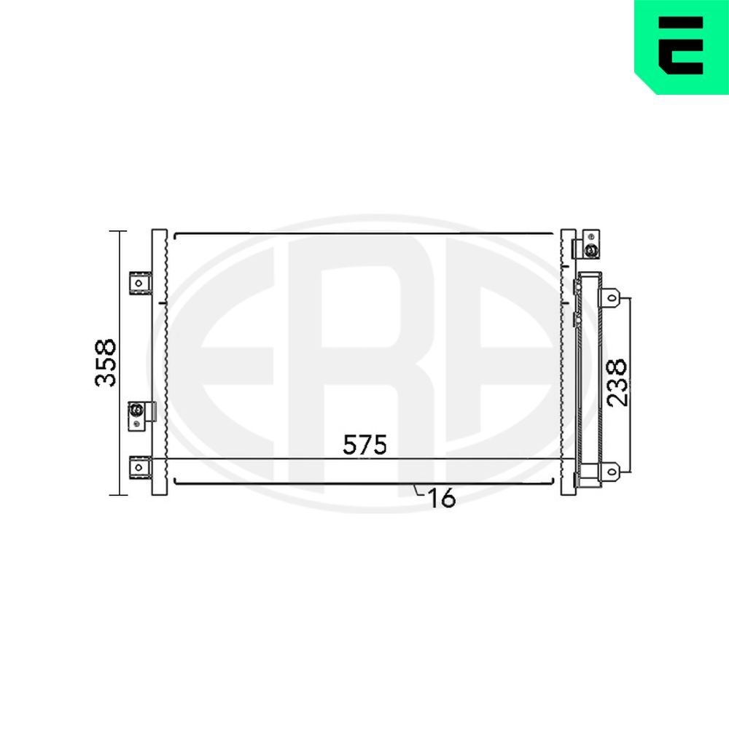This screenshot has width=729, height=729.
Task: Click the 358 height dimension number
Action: pyautogui.click(x=105, y=363)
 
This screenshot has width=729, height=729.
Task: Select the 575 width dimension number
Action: pyautogui.click(x=364, y=445)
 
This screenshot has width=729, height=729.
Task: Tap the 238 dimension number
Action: pyautogui.click(x=617, y=382)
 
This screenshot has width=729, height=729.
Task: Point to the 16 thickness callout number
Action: pyautogui.click(x=442, y=499)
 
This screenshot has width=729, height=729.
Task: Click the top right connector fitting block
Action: pyautogui.click(x=587, y=244)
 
